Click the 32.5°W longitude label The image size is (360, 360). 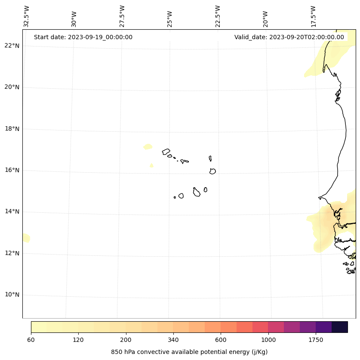pos(27,16)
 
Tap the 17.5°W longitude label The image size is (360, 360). pos(314,16)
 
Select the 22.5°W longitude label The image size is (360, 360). pos(218,16)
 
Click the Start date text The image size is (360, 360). pos(83,37)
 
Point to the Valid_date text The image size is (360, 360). pos(289,37)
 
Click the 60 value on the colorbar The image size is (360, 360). pos(31,340)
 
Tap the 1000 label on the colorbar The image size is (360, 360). pos(268,340)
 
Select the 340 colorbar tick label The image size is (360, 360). pos(173,340)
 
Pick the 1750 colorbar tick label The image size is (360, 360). pos(316,340)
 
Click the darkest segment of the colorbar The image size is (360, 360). pos(339,327)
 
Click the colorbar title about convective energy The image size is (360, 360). pos(189,352)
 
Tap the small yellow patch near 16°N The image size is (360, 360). pos(151,165)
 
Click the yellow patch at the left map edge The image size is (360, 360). pos(26,238)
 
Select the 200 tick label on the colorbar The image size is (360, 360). pos(126,340)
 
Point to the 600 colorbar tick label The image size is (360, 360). pos(221,340)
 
